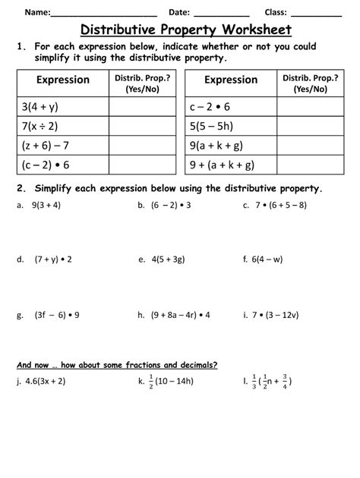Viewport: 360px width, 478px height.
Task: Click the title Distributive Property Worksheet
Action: coord(185,30)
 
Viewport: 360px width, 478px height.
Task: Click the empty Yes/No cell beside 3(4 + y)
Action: coord(142,106)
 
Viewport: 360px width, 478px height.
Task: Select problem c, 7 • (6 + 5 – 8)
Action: coord(286,205)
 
